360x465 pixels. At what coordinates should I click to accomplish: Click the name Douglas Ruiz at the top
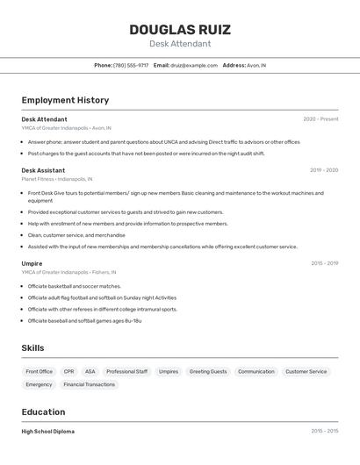click(x=180, y=29)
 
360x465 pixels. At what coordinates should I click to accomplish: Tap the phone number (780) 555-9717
click(x=131, y=65)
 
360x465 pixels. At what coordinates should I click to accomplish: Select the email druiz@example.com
click(x=194, y=65)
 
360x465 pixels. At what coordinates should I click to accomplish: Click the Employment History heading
click(x=65, y=100)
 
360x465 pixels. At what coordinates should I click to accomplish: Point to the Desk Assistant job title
click(x=43, y=170)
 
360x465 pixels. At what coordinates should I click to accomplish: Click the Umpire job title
click(x=32, y=263)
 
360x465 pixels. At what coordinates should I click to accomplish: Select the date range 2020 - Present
click(x=320, y=118)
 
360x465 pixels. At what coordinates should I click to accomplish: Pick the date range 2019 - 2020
click(x=324, y=170)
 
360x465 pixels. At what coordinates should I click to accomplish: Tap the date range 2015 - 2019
click(x=324, y=263)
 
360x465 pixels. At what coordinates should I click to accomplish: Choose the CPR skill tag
click(x=69, y=371)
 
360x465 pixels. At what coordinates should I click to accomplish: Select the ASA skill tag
click(x=90, y=371)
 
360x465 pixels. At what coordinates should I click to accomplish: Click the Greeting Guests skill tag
click(x=208, y=371)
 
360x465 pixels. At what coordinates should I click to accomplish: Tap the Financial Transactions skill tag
click(x=89, y=384)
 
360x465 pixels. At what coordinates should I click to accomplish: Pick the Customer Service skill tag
click(x=306, y=371)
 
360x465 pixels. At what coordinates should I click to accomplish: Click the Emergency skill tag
click(x=39, y=384)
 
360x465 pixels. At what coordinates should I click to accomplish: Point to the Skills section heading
click(x=32, y=348)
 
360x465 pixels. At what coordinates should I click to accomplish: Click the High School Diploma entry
click(x=47, y=432)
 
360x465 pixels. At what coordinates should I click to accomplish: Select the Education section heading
click(x=43, y=411)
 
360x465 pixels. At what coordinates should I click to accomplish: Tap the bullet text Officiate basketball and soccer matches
click(x=75, y=286)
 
